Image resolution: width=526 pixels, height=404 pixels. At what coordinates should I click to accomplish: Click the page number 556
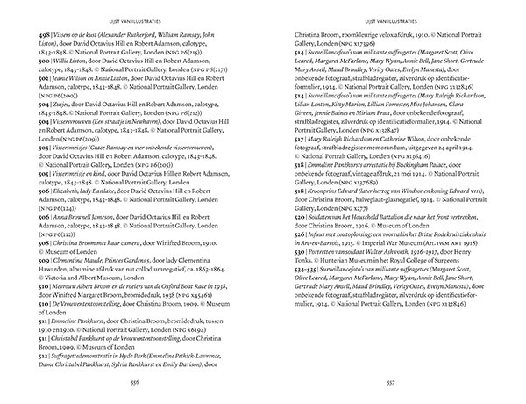133,383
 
